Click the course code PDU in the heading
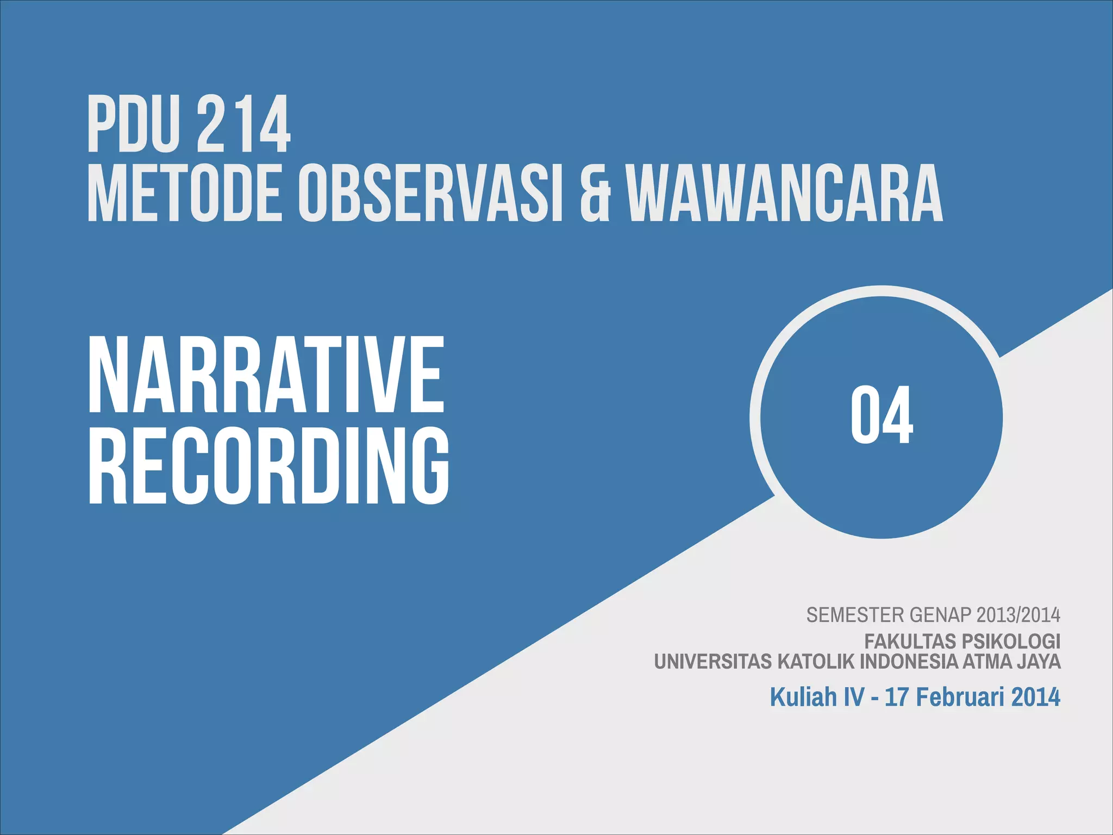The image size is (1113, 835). [x=133, y=124]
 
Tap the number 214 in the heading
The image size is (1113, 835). [x=243, y=124]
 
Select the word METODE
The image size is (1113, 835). [x=185, y=194]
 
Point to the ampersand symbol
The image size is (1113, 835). [x=595, y=194]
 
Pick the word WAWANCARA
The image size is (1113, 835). [x=786, y=194]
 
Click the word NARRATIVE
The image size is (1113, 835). [x=266, y=375]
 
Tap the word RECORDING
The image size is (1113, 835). [x=269, y=465]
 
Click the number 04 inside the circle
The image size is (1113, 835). [x=881, y=415]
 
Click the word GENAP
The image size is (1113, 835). [x=940, y=615]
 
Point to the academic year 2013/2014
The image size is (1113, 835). [x=1018, y=615]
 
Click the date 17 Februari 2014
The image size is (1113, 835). [x=972, y=697]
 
